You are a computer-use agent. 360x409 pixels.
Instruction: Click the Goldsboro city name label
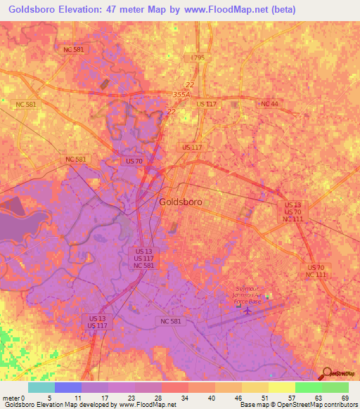pos(181,202)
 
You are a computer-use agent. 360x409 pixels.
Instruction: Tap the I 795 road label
pos(198,58)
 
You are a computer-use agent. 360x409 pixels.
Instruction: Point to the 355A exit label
pos(181,93)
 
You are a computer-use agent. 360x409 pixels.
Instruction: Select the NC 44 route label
pos(269,104)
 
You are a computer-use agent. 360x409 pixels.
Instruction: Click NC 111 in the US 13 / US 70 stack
pos(292,219)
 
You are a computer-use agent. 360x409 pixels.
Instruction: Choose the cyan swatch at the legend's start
pos(41,387)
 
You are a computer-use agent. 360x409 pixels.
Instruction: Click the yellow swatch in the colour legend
pos(281,387)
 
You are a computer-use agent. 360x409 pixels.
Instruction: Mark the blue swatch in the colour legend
pos(68,387)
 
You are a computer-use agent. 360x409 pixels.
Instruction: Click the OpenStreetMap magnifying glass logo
pos(326,373)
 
